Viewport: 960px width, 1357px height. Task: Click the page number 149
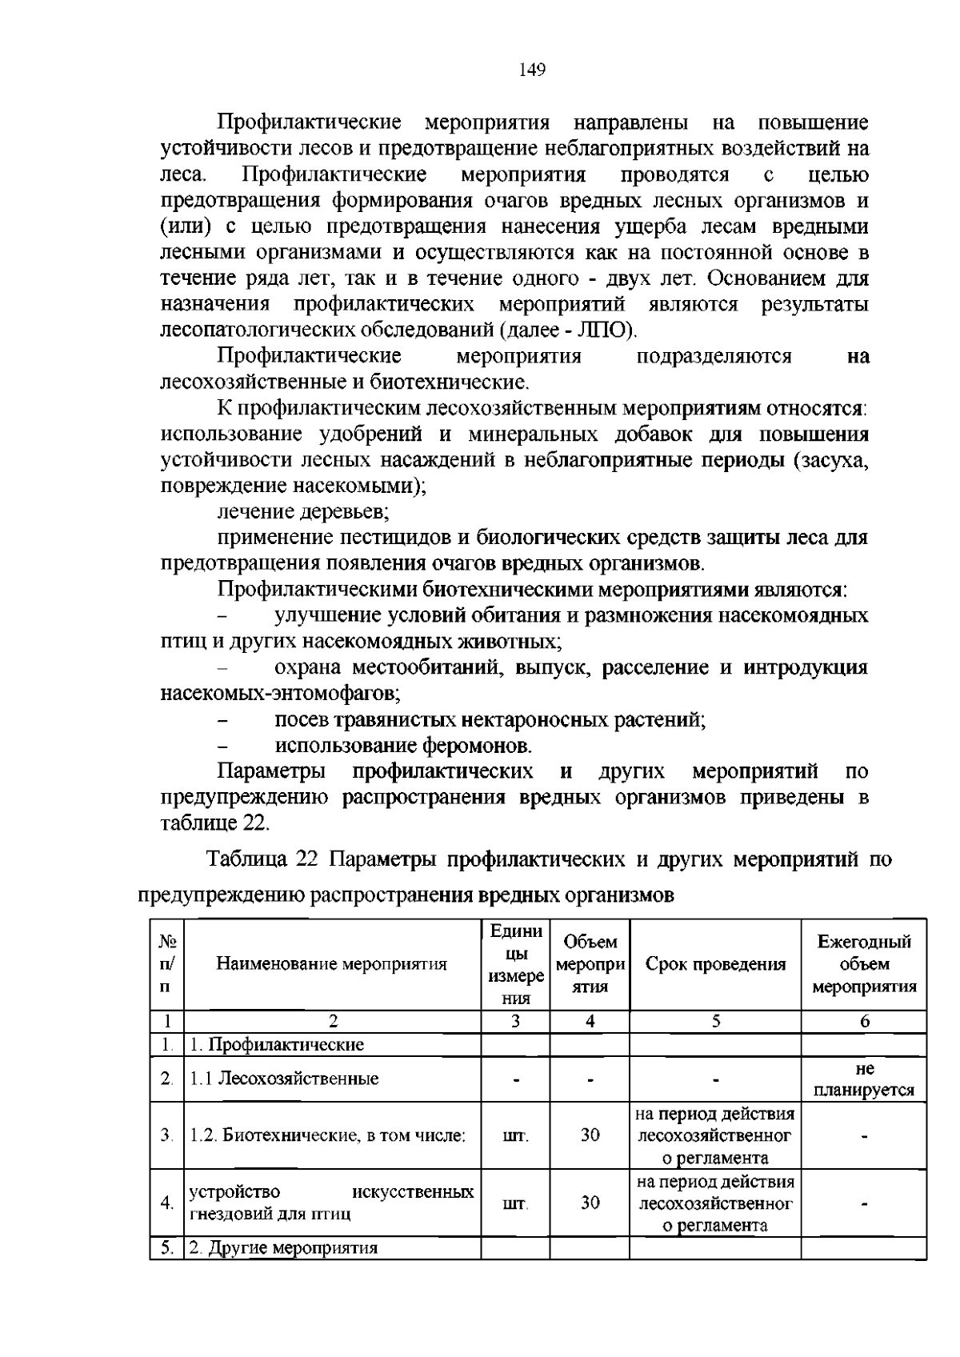point(532,70)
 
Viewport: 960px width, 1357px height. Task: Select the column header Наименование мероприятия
point(332,964)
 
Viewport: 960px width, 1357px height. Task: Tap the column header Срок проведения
point(715,964)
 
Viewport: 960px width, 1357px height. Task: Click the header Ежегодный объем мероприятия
point(864,964)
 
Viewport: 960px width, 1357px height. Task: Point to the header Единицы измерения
point(515,964)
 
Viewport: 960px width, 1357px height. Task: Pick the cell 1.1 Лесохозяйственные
point(283,1079)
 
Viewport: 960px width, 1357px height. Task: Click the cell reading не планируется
point(864,1079)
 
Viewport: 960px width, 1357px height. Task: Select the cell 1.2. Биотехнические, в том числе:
point(327,1135)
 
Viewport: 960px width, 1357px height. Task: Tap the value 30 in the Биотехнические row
point(590,1135)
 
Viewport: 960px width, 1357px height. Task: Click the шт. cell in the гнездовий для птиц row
point(515,1203)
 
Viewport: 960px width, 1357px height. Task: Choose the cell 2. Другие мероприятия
point(283,1248)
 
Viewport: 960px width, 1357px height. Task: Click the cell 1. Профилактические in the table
point(276,1044)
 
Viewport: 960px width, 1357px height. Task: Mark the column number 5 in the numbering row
point(715,1021)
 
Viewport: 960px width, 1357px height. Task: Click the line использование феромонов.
point(403,746)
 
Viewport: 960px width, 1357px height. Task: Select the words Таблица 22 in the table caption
point(263,860)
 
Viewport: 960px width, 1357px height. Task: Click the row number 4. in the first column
point(166,1203)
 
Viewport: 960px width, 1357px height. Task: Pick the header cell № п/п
point(166,964)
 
